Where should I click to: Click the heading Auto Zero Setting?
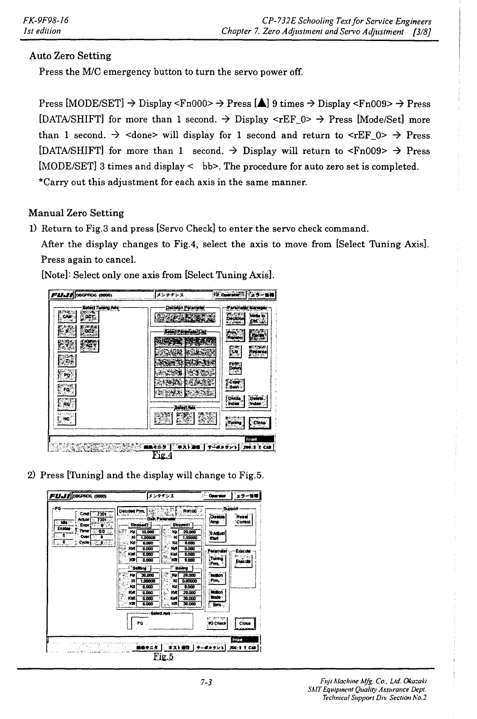70,56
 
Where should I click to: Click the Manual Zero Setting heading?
76,213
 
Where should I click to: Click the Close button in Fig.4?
259,422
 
